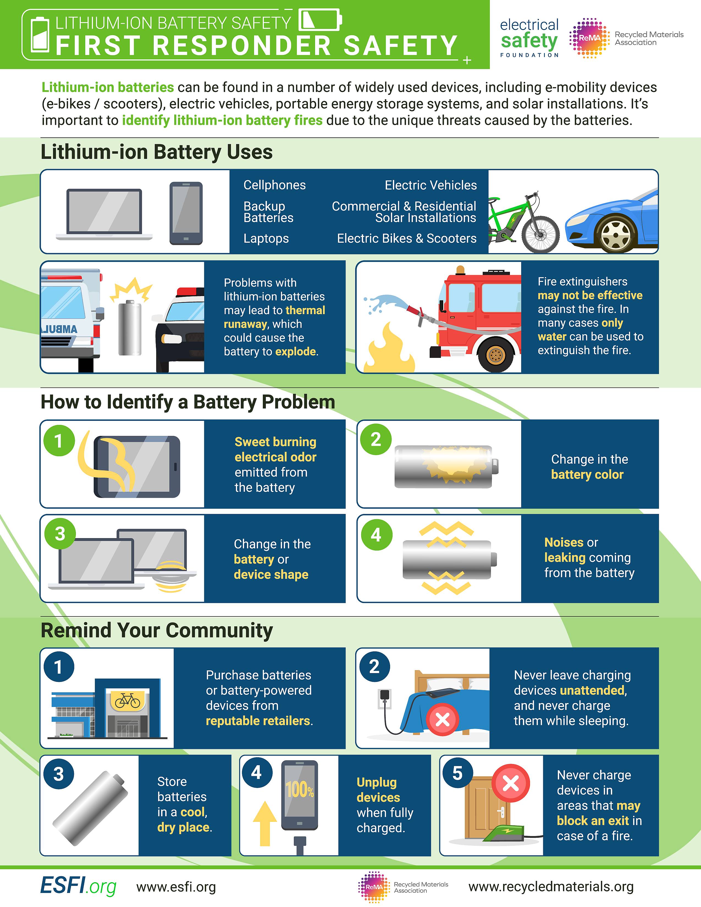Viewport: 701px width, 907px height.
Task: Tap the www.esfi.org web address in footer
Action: pyautogui.click(x=176, y=887)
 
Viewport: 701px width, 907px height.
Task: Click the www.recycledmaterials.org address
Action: pyautogui.click(x=551, y=886)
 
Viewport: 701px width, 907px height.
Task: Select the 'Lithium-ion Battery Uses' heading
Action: pyautogui.click(x=157, y=152)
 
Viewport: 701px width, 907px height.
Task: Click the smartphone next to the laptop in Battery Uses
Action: pyautogui.click(x=186, y=213)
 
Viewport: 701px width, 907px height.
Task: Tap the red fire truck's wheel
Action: pyautogui.click(x=495, y=355)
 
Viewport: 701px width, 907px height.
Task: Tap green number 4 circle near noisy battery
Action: pyautogui.click(x=376, y=535)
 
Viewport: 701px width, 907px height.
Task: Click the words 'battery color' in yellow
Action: pyautogui.click(x=587, y=474)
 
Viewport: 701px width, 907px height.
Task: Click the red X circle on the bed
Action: pyautogui.click(x=443, y=719)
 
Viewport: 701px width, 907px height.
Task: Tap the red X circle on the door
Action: pyautogui.click(x=510, y=783)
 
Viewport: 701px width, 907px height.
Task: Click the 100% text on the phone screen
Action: pyautogui.click(x=299, y=789)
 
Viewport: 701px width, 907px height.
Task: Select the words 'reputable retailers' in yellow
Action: pyautogui.click(x=258, y=721)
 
